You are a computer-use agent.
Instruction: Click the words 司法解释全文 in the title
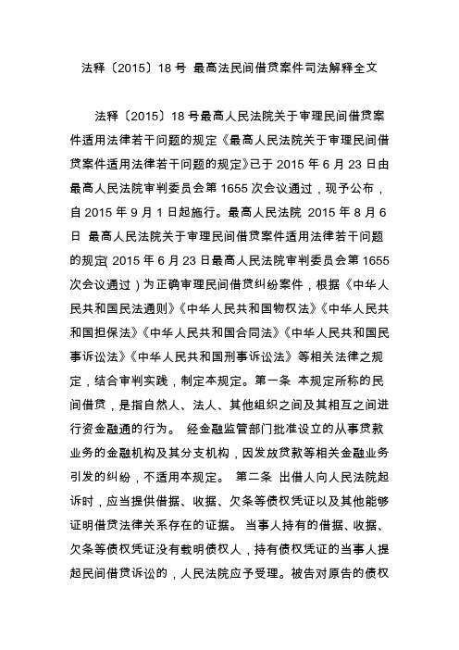330,68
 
